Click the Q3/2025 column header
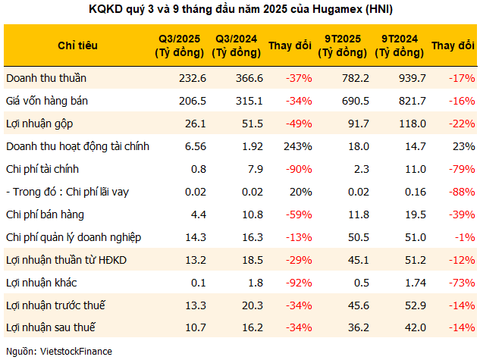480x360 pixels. click(x=180, y=45)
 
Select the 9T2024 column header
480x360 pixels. click(x=399, y=45)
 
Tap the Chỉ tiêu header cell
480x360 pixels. click(x=77, y=45)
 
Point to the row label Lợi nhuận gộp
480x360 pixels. click(x=38, y=123)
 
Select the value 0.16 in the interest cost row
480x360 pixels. click(x=413, y=192)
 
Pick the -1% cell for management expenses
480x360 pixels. click(x=464, y=237)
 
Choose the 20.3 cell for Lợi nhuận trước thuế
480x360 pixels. click(x=251, y=305)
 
